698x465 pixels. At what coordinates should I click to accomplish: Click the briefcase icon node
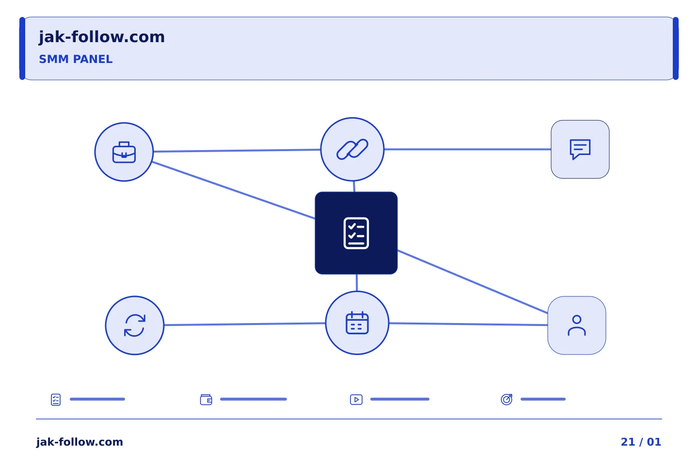pos(124,152)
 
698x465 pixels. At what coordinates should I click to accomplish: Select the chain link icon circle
pos(352,149)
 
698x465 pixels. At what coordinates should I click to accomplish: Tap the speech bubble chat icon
pos(580,150)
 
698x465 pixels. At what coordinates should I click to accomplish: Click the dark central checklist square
pos(356,233)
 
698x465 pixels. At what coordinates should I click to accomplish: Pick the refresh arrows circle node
pos(135,325)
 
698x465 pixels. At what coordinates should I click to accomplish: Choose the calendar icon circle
pos(357,323)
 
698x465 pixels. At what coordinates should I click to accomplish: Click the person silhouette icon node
pos(577,325)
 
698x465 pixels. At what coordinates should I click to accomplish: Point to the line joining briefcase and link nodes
pos(237,151)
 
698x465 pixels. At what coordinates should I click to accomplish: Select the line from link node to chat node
pos(468,149)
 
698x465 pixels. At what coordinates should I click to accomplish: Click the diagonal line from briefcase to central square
pos(234,190)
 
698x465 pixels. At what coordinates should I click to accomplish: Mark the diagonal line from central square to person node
pos(473,281)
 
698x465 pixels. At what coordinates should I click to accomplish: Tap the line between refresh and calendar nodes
pos(245,324)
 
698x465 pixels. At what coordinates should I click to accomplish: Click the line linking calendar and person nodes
pos(468,324)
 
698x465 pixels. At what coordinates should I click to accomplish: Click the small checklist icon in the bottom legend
pos(56,400)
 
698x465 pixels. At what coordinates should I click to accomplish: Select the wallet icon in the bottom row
pos(206,400)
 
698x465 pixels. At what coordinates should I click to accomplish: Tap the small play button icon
pos(356,400)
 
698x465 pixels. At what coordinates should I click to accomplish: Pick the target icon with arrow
pos(507,399)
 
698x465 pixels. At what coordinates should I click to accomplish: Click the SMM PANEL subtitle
pos(76,59)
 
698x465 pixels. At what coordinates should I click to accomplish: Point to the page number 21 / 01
pos(641,442)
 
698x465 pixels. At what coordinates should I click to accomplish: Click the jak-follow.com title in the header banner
pos(102,37)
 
